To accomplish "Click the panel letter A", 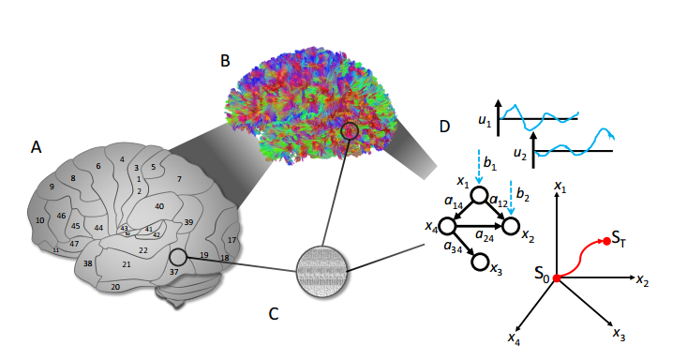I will [x=36, y=146].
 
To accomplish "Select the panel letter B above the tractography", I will [x=225, y=61].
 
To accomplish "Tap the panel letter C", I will [x=274, y=314].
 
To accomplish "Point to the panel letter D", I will [x=444, y=127].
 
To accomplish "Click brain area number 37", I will [x=174, y=272].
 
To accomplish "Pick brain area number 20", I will [x=115, y=288].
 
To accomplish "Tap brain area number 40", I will [x=159, y=206].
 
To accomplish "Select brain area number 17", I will [x=231, y=241].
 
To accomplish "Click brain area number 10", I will [x=39, y=220].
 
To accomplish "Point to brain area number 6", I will [x=97, y=166].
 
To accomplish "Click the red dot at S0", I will [x=556, y=278].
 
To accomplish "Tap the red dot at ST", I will [x=606, y=242].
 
